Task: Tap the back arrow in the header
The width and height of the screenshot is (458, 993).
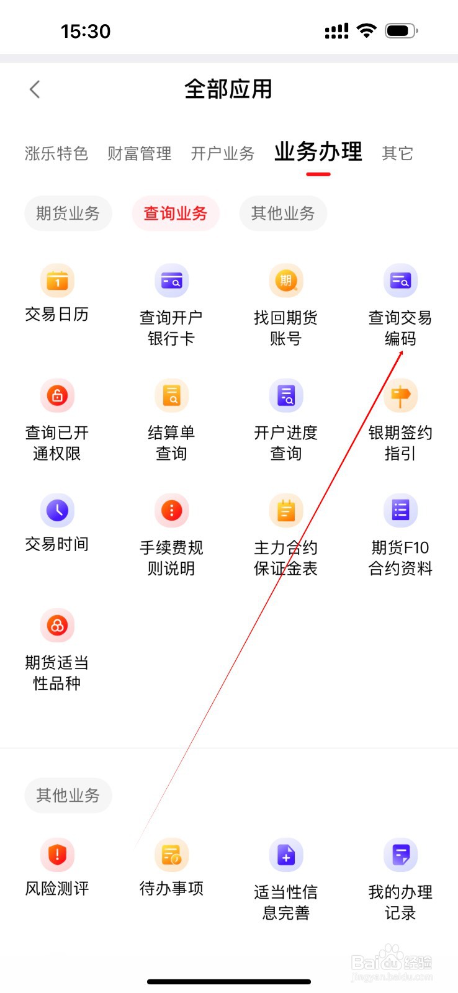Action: click(35, 89)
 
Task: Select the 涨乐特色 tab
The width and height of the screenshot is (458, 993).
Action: click(56, 153)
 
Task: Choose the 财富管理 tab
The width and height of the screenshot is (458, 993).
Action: click(140, 153)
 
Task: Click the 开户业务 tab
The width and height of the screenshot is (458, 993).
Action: click(223, 153)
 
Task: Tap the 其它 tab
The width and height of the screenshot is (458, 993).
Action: click(397, 153)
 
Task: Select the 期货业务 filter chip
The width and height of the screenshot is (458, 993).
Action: click(68, 213)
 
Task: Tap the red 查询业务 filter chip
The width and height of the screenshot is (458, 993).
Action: click(176, 213)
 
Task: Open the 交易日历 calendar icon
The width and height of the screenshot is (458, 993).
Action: click(57, 281)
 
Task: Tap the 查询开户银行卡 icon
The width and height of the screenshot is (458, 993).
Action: click(171, 281)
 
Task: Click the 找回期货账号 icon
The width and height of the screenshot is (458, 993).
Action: click(286, 281)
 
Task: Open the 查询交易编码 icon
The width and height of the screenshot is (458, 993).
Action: click(400, 281)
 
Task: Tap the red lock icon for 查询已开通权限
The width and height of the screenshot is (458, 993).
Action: click(57, 396)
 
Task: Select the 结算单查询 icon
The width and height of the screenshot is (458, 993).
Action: click(171, 396)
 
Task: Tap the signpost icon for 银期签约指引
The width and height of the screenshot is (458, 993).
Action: click(400, 396)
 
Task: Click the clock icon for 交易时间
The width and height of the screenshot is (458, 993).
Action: click(57, 511)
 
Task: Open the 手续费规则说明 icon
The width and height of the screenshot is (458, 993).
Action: click(171, 511)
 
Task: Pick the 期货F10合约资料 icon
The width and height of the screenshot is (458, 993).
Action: click(400, 511)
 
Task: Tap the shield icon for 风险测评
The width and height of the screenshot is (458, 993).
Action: click(57, 855)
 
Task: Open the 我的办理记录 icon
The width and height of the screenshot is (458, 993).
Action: click(400, 855)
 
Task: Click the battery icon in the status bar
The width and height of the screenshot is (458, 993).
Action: click(401, 30)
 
